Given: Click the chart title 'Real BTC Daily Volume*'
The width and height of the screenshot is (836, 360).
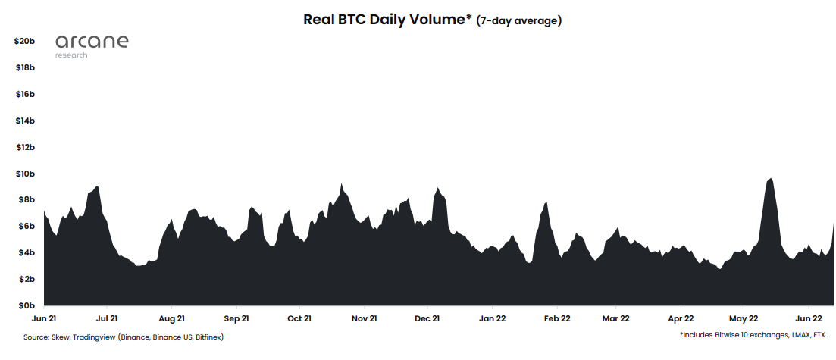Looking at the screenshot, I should click(387, 20).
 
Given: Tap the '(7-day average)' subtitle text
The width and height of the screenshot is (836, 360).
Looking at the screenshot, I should click(518, 21).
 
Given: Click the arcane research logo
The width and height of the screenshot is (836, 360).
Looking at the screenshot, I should click(92, 45).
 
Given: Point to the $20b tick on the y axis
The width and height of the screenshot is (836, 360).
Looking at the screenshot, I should click(25, 41).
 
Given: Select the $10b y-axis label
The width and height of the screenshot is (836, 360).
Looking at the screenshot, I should click(25, 174).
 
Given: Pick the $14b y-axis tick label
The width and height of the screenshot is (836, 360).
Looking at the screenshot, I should click(25, 121).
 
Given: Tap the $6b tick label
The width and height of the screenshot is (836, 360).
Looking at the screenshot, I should click(27, 226).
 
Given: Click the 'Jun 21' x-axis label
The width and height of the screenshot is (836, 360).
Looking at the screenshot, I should click(45, 319).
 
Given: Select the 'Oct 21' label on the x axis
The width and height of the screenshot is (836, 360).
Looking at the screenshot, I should click(299, 319).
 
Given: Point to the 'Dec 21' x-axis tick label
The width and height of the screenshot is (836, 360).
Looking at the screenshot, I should click(428, 319).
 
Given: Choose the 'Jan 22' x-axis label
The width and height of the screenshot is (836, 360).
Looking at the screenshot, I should click(493, 319).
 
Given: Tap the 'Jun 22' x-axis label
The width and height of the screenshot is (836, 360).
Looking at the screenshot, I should click(808, 319).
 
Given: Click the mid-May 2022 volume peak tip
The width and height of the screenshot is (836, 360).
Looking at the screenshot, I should click(770, 179).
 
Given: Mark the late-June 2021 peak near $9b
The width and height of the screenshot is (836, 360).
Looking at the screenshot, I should click(96, 186).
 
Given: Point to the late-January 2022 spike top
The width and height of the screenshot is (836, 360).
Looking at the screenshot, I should click(545, 203).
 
